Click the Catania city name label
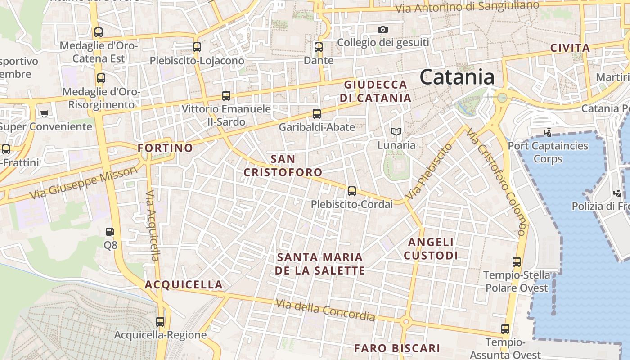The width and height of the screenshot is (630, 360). tap(457, 77)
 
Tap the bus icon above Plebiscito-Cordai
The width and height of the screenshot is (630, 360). tap(352, 191)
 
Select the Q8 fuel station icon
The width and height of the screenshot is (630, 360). tap(110, 232)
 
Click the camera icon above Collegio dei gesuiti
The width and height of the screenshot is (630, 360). tap(383, 30)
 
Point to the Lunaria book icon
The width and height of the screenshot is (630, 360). tap(396, 132)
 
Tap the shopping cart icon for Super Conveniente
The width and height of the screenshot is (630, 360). tap(44, 113)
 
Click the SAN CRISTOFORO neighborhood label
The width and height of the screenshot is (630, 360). tap(283, 166)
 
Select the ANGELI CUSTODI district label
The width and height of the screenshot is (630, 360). tap(431, 249)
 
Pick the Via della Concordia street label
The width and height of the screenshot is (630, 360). tap(325, 310)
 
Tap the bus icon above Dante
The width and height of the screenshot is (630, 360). tap(319, 47)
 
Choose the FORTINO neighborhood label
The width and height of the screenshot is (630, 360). tap(165, 148)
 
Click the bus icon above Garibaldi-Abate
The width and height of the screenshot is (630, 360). tap(317, 114)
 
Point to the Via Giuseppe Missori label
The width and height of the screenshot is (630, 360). tap(83, 182)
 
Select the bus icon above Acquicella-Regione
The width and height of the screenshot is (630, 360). tap(160, 322)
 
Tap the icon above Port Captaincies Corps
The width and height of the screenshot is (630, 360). tap(548, 133)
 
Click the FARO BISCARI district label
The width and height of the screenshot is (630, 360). tap(397, 348)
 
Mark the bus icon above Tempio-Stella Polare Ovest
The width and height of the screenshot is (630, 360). tap(517, 261)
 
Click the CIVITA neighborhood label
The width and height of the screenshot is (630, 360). tap(570, 48)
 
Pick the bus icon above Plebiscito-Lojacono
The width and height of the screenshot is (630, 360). tap(197, 47)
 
